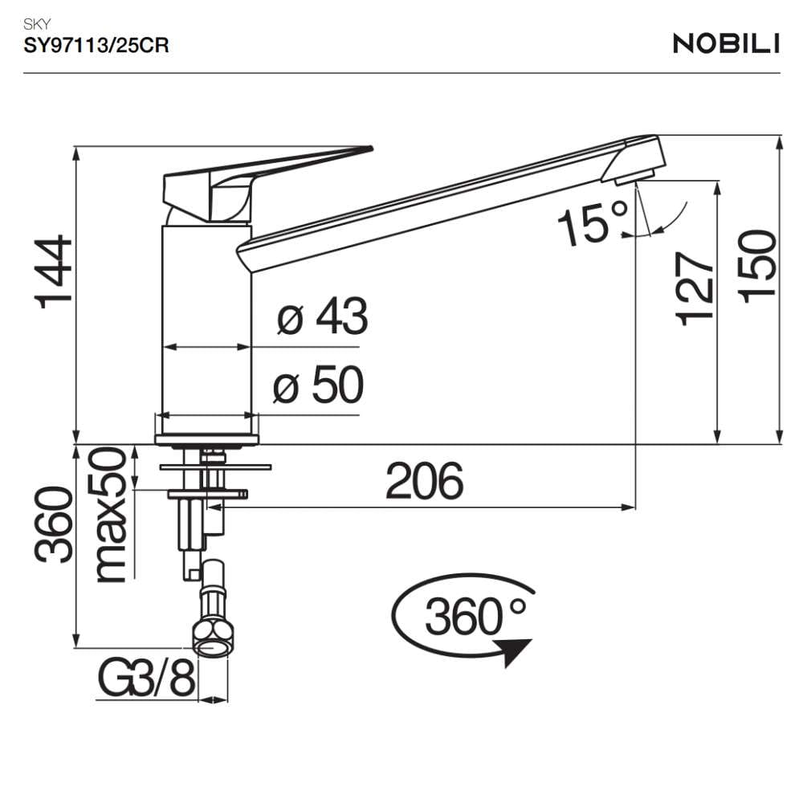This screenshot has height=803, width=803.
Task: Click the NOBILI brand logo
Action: click(726, 43)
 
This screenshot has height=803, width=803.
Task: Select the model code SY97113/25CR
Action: click(96, 46)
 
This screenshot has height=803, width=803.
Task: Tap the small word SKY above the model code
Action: click(37, 23)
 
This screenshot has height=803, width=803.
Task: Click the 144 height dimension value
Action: click(54, 272)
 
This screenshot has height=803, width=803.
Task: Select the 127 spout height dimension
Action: click(695, 289)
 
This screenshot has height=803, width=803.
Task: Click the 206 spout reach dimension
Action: click(425, 481)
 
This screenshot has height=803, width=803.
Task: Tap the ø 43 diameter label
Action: click(322, 316)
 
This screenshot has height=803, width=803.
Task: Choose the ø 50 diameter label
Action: click(318, 385)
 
